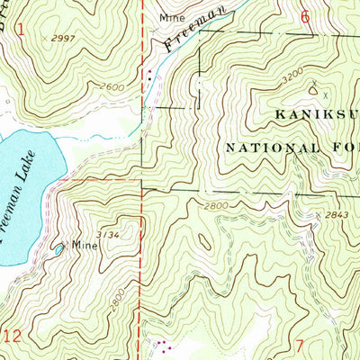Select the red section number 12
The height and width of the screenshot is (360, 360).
[12, 336]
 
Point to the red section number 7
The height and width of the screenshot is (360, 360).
[302, 346]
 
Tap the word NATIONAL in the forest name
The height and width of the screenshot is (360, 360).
[270, 145]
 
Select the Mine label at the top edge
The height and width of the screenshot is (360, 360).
[170, 17]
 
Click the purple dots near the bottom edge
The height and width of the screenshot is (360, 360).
[161, 345]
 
